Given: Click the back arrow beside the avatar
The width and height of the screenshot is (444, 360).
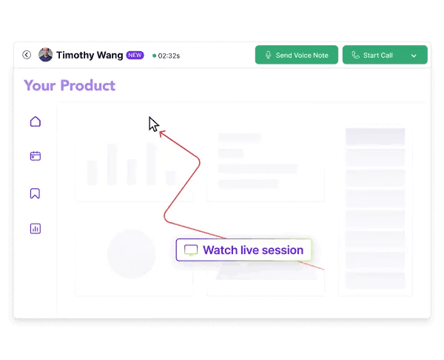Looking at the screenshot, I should point(27,55).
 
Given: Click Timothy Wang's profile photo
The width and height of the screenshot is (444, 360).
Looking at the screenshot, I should point(45,55).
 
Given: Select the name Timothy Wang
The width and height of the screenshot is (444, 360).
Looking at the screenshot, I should point(90,55).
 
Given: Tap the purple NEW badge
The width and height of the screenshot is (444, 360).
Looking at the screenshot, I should point(135,55).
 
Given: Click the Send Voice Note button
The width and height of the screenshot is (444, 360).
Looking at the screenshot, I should point(297,55).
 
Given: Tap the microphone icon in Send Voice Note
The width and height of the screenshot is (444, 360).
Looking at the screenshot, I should point(268,55).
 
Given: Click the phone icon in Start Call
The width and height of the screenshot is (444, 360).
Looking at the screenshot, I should point(355,55).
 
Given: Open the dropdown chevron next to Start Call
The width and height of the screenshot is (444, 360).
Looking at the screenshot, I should point(414,56).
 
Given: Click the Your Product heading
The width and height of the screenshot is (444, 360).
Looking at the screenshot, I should point(70,85).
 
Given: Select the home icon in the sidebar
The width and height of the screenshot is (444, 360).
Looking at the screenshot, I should point(35,121).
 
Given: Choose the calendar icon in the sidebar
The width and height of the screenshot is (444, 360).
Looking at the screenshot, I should point(35,156).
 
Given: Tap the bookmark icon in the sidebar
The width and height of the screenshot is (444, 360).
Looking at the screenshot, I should point(35,193).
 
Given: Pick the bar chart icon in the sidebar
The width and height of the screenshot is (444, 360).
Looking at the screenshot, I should point(35,229).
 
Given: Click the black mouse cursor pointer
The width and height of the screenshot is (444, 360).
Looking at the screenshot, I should point(153,124).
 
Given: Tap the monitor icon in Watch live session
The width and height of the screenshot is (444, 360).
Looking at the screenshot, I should point(191,250).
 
